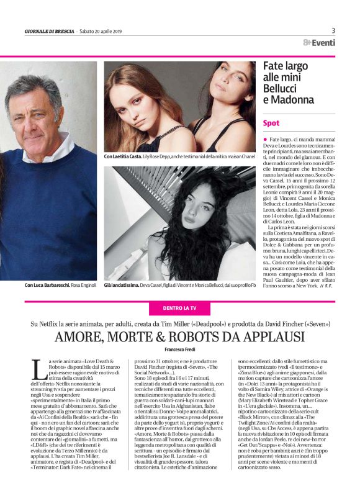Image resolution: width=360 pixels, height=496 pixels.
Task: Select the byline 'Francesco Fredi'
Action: click(179, 351)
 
